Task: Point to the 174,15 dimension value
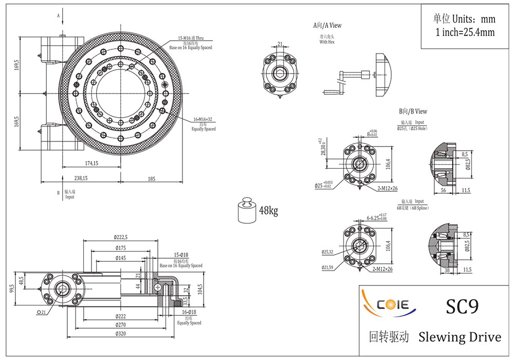91,163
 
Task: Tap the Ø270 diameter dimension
121,325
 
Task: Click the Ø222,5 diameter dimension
121,237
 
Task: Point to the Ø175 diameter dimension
121,248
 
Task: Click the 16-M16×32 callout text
203,119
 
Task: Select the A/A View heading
327,25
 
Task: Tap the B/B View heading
413,111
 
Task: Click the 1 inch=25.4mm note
465,32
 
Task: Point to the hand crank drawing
350,80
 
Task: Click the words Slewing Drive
460,337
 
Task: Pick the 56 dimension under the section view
443,190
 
